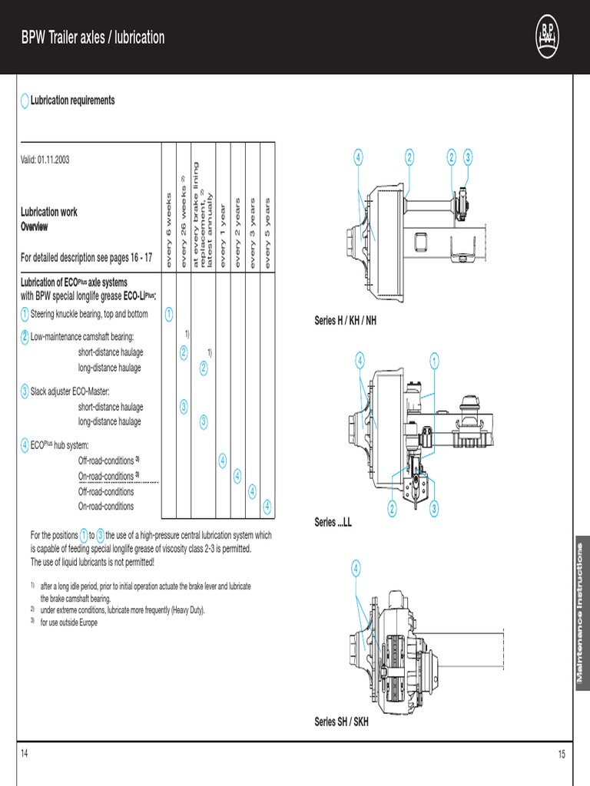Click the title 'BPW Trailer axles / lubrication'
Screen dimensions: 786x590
(x=92, y=38)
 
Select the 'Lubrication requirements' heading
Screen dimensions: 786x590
(x=72, y=101)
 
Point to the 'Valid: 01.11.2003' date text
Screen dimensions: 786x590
(x=45, y=159)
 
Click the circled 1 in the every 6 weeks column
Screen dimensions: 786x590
(x=168, y=313)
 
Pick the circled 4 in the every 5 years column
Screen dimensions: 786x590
(x=267, y=506)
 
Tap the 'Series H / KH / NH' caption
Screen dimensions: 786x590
(x=346, y=321)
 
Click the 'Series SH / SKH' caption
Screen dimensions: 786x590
(x=341, y=722)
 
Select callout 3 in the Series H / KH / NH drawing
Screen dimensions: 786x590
(x=468, y=157)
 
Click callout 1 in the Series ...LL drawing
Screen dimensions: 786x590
(x=434, y=359)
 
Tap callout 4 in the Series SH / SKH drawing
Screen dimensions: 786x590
(x=356, y=568)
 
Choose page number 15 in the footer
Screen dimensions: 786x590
(x=561, y=755)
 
